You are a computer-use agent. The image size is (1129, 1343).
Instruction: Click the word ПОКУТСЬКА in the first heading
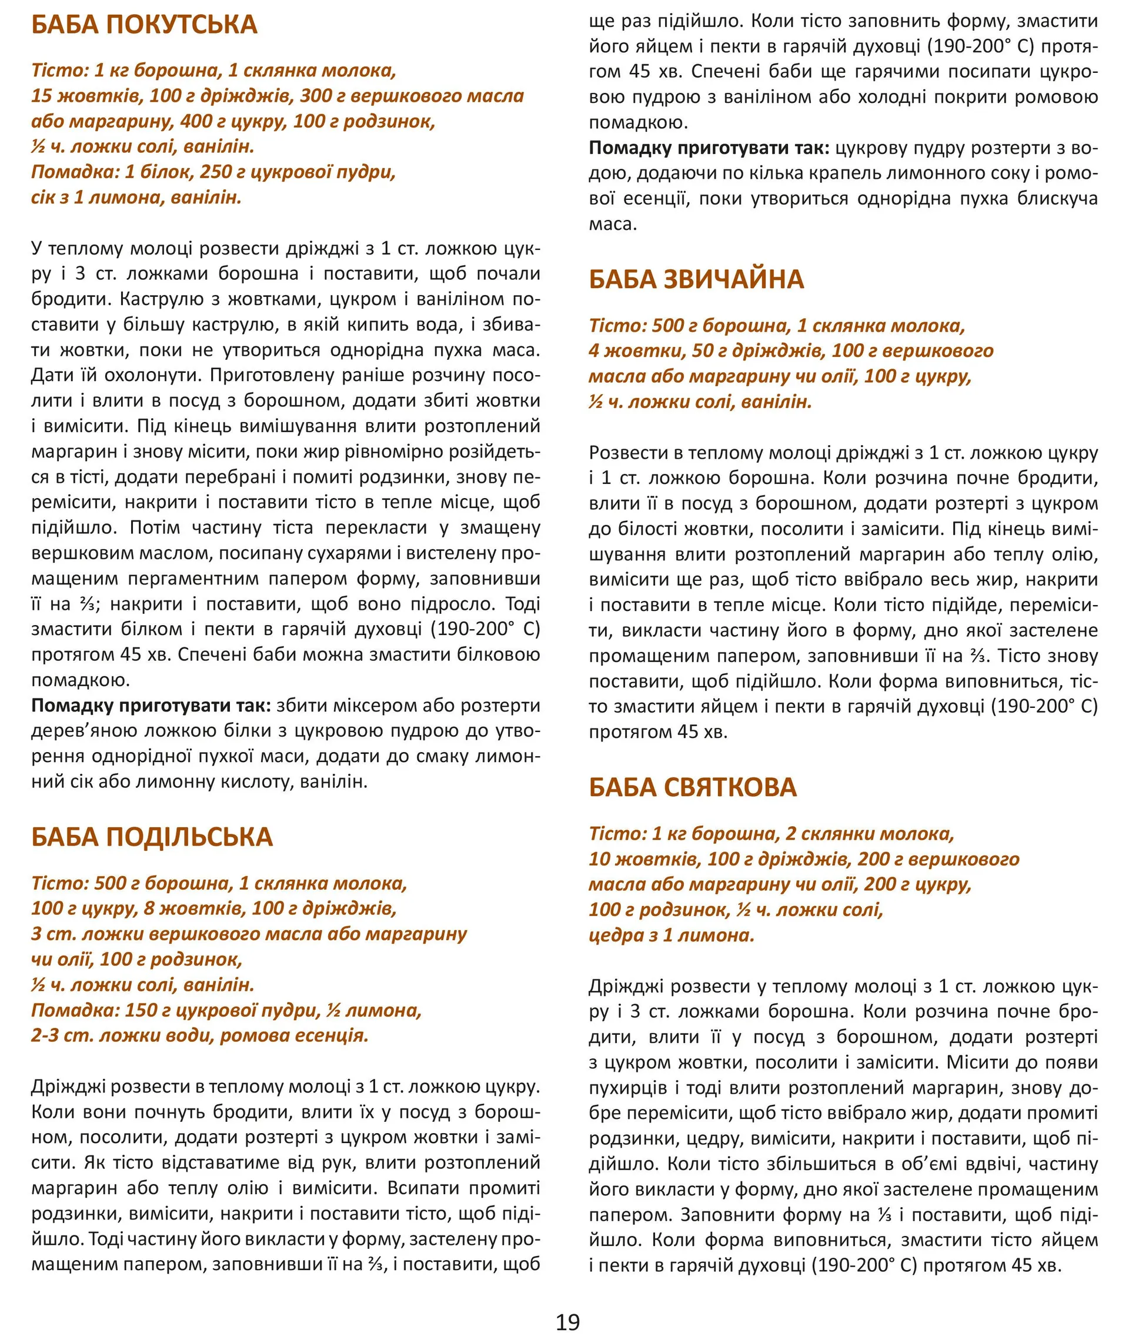[181, 25]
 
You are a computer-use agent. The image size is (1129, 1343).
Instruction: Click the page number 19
[567, 1322]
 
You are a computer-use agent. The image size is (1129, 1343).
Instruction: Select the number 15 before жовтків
[41, 96]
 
